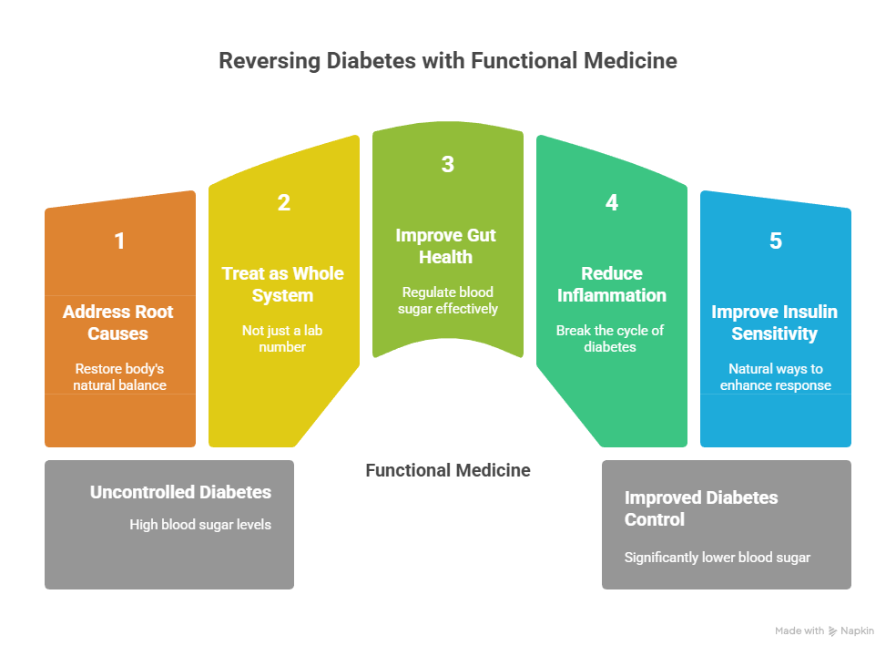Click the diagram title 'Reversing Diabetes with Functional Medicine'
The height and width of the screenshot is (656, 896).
click(448, 61)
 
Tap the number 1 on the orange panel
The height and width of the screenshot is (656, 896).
click(119, 241)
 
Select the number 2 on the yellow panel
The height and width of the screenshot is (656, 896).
click(283, 203)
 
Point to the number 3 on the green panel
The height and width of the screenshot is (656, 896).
click(447, 164)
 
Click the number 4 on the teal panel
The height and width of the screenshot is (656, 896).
click(612, 203)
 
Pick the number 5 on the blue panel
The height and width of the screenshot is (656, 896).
click(775, 241)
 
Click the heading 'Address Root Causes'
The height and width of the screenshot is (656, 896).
click(118, 323)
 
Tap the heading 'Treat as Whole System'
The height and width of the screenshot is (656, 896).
click(283, 284)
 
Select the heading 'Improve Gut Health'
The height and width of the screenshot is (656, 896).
click(446, 246)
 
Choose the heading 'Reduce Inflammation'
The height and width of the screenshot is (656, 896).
click(612, 284)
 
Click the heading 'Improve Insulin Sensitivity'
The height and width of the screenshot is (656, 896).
click(775, 323)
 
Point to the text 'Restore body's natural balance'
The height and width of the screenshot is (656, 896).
click(119, 376)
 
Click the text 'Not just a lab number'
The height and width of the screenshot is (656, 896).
click(283, 338)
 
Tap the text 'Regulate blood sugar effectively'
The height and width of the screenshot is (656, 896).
click(447, 300)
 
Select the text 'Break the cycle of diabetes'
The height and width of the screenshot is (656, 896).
click(611, 338)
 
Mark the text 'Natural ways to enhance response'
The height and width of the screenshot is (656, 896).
click(775, 376)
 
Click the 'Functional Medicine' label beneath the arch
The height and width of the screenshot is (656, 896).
click(448, 470)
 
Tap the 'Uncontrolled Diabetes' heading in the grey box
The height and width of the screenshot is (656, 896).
click(180, 492)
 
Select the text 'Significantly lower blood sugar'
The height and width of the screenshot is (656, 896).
click(718, 557)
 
